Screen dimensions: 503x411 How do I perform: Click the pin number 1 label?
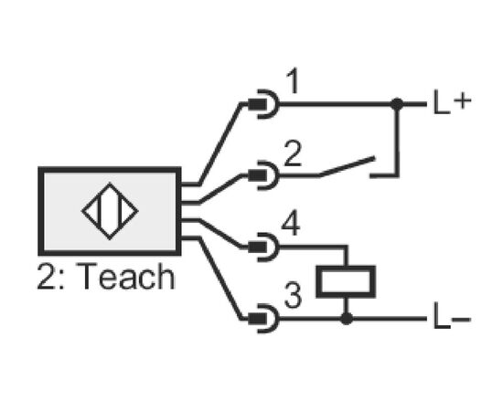(293, 81)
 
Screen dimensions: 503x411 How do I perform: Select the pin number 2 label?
(293, 153)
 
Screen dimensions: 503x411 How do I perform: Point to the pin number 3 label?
(293, 295)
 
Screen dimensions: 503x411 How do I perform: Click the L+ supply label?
(452, 102)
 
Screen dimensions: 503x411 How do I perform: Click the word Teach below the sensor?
(126, 276)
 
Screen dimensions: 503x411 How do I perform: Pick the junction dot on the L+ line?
(397, 104)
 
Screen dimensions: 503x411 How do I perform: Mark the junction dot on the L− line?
(346, 319)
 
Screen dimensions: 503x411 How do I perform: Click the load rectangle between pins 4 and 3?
(346, 282)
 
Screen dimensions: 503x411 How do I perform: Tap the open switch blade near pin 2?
(348, 166)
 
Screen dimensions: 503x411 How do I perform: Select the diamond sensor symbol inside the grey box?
(110, 211)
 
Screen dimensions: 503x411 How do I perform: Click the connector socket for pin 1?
(263, 104)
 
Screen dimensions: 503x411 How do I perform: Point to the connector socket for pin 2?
(263, 175)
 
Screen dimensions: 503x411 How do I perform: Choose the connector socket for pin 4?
(263, 247)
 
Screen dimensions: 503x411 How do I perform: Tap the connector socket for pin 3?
(263, 319)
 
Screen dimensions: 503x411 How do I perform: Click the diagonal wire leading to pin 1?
(220, 144)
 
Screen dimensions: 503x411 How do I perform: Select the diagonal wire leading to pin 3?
(220, 278)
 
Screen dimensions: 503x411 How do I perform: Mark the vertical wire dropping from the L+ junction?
(397, 140)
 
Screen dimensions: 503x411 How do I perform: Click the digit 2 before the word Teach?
(46, 277)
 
